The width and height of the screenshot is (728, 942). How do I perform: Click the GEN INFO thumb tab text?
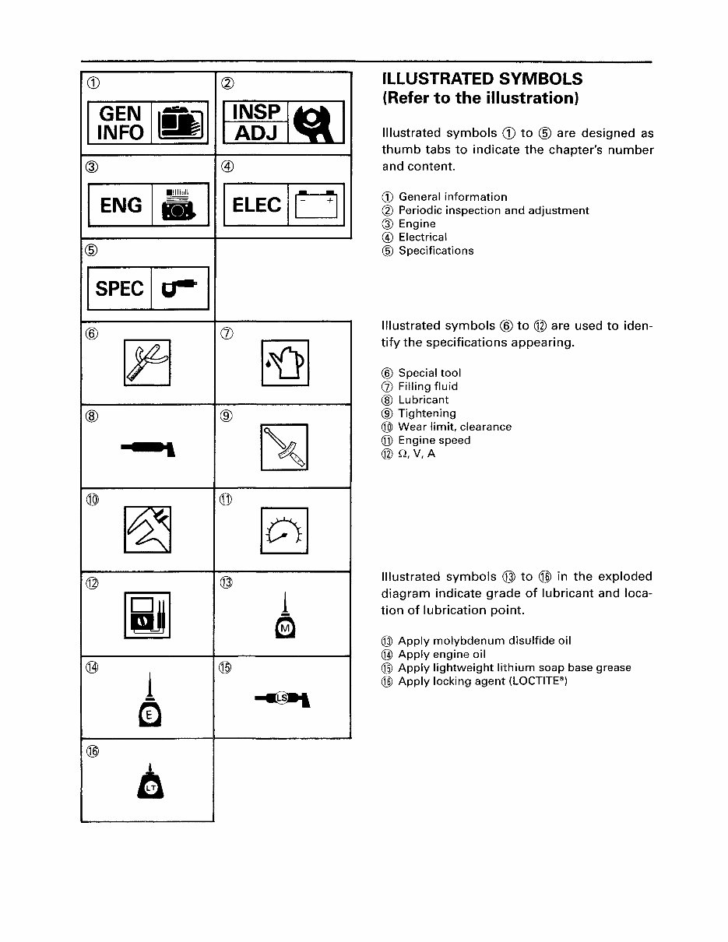tap(121, 123)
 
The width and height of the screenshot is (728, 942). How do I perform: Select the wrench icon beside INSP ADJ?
tap(315, 123)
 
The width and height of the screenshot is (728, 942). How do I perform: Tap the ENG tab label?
tap(121, 206)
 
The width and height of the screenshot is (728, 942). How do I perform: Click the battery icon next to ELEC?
tap(315, 206)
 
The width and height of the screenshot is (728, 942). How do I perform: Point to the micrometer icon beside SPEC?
tap(179, 289)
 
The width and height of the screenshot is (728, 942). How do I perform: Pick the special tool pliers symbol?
tap(147, 363)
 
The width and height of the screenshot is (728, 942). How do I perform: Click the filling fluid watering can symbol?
tap(285, 363)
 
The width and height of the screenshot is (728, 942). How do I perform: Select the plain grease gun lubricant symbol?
tap(149, 447)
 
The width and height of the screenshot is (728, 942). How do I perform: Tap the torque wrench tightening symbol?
tap(284, 447)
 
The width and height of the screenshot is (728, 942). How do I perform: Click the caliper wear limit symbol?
tap(147, 530)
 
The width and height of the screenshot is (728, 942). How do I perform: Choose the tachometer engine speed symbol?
tap(284, 530)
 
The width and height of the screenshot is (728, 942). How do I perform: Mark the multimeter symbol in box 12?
tap(147, 614)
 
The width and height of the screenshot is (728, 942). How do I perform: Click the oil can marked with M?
tap(284, 623)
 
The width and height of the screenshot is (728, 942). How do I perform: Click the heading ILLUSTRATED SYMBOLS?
tap(482, 79)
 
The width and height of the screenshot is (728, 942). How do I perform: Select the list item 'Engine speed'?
tap(434, 441)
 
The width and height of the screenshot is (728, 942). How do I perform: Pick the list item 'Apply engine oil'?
tap(441, 655)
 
